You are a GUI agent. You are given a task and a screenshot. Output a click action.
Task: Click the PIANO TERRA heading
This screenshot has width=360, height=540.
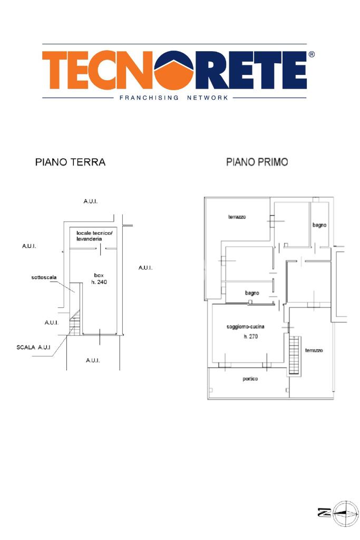pos(70,162)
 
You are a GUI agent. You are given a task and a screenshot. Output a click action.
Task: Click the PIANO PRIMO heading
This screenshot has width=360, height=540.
pos(257,162)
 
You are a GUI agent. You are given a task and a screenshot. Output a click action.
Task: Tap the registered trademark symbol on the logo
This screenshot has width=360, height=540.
pos(312,54)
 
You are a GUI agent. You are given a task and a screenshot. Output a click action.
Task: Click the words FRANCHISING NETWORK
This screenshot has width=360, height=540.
pos(174,98)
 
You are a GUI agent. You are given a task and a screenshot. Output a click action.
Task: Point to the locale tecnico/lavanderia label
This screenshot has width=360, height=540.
pos(94,236)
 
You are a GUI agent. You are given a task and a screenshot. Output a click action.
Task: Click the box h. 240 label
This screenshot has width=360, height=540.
pos(99,278)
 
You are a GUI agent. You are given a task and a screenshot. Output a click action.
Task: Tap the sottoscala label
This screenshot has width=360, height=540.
pos(44,277)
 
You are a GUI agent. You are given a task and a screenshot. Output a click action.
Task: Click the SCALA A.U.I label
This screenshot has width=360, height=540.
pos(33,347)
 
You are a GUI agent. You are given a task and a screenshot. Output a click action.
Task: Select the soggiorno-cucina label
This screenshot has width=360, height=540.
pos(246,326)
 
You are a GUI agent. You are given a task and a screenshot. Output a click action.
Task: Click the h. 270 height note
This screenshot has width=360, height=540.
pos(250,336)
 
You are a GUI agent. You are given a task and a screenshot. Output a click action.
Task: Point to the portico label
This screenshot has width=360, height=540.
pos(250,379)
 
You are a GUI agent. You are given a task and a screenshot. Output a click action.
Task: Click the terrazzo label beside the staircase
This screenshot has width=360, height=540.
pos(314,350)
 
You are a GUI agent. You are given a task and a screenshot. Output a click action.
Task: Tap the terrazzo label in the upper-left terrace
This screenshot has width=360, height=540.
pos(237,217)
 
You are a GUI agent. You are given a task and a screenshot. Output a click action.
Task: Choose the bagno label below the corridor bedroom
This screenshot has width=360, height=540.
pos(252,293)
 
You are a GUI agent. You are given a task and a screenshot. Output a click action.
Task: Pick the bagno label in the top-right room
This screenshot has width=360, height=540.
pos(319,225)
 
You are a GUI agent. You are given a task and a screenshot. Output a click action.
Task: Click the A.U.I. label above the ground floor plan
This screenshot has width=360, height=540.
pos(91,201)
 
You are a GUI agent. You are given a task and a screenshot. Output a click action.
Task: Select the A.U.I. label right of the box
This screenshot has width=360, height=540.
pos(145,267)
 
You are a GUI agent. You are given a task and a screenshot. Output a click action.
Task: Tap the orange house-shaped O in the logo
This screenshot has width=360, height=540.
pos(174,71)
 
